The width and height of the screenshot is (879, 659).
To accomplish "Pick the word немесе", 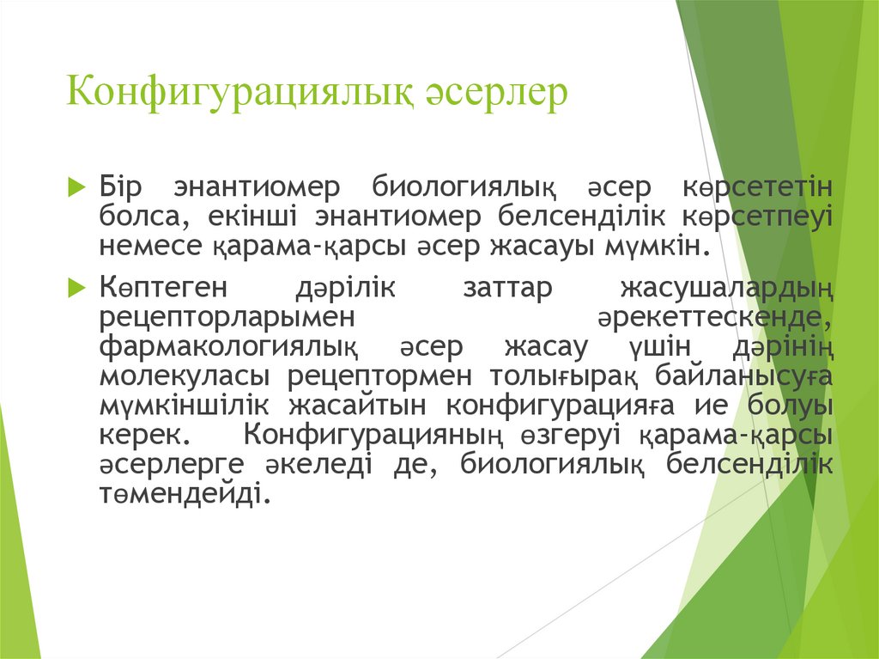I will (151, 247).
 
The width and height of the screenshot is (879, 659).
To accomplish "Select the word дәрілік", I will (344, 287).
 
